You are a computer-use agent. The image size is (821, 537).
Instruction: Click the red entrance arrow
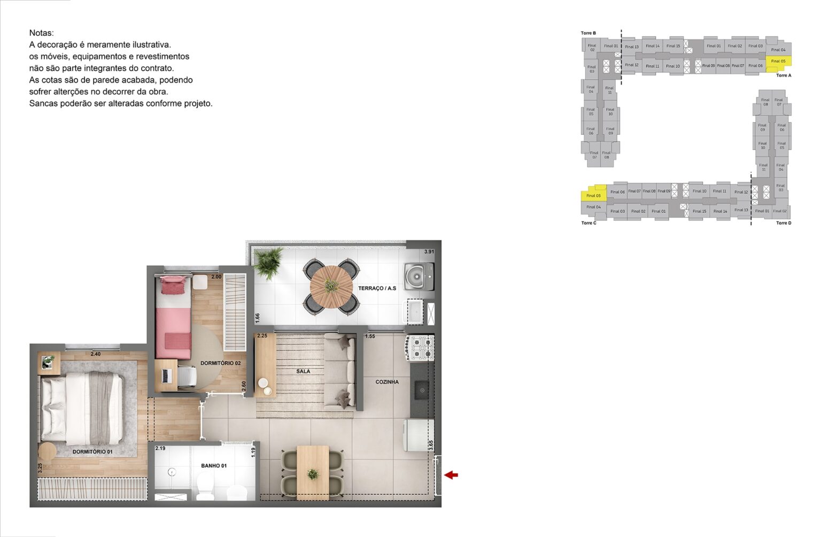pyautogui.click(x=451, y=474)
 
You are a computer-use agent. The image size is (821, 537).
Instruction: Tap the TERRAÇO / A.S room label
pyautogui.click(x=377, y=288)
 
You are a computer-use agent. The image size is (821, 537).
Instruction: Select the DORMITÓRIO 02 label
pyautogui.click(x=220, y=363)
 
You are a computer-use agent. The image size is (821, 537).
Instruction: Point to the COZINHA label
pyautogui.click(x=387, y=382)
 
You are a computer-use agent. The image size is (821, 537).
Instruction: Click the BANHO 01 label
pyautogui.click(x=214, y=466)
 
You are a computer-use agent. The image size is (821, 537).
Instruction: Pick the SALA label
pyautogui.click(x=303, y=371)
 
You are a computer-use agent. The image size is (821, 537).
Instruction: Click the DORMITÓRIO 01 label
pyautogui.click(x=92, y=451)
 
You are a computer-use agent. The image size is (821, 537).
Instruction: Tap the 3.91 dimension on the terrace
pyautogui.click(x=429, y=251)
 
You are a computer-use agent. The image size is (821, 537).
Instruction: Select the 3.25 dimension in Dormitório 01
pyautogui.click(x=40, y=467)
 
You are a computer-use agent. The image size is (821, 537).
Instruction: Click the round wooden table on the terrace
pyautogui.click(x=331, y=287)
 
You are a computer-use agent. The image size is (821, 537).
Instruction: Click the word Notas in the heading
pyautogui.click(x=41, y=33)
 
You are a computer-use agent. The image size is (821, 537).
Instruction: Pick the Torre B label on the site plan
pyautogui.click(x=588, y=33)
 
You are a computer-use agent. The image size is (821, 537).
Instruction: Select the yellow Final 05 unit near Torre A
pyautogui.click(x=778, y=61)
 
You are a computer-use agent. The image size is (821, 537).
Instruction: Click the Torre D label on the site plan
pyautogui.click(x=783, y=223)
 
